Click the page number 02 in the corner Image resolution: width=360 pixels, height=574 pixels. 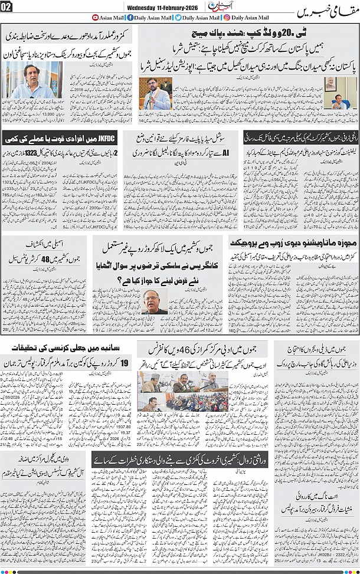click(6, 6)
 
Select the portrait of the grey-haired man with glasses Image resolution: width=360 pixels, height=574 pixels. click(155, 302)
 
